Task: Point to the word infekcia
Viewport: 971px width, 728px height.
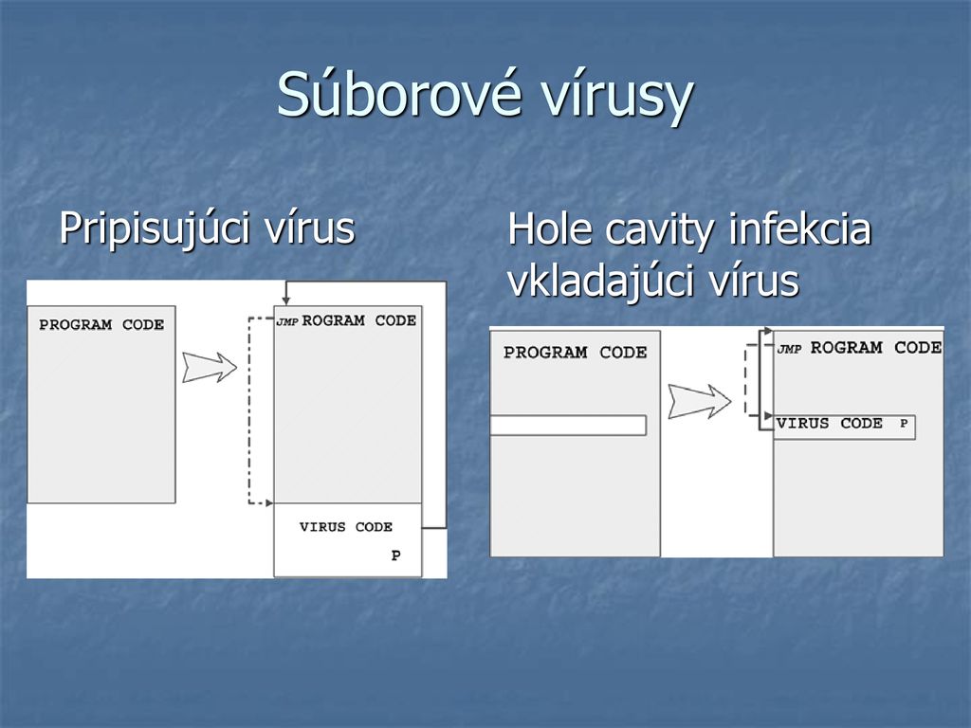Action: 799,228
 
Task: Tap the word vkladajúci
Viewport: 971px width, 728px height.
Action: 601,282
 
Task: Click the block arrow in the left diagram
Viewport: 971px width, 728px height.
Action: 210,367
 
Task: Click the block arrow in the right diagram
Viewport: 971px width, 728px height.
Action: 700,401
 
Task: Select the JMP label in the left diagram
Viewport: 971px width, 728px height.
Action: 287,322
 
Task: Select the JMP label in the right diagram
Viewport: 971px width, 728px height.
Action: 790,349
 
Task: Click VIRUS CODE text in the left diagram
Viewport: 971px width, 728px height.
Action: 345,527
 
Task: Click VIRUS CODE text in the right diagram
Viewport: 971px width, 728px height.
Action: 829,424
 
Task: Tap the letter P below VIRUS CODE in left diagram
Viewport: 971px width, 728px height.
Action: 395,555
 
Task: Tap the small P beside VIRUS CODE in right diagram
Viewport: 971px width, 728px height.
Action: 904,424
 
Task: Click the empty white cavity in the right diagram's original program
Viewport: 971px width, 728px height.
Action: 568,426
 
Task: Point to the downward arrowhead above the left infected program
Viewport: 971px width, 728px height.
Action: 285,300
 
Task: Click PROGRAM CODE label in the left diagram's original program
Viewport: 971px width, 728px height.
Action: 101,324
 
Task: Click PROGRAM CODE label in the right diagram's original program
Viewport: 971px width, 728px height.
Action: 576,353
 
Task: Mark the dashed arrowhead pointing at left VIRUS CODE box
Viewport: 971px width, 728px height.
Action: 268,503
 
